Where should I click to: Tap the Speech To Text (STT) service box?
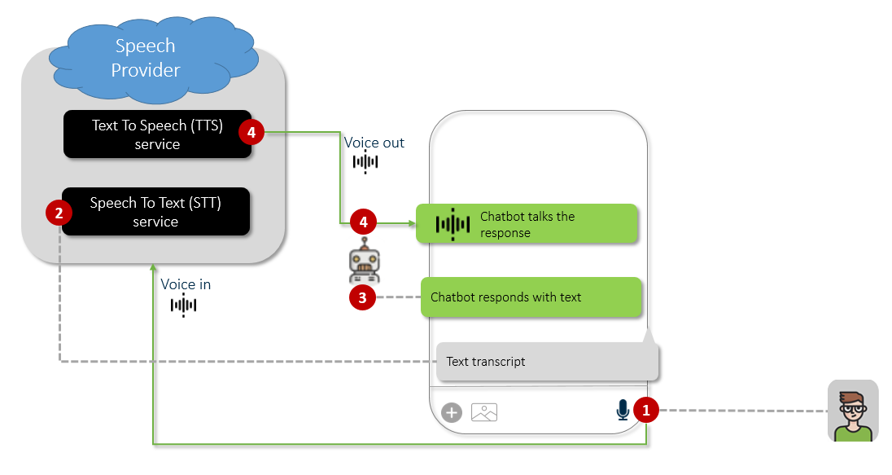click(155, 212)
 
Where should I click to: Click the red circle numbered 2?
click(59, 213)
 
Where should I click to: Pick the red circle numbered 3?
click(361, 297)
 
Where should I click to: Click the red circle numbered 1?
click(646, 411)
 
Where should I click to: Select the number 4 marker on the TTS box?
click(251, 132)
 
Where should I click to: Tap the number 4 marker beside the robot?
click(362, 221)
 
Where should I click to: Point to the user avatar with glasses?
click(853, 411)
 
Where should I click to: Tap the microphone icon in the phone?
click(623, 410)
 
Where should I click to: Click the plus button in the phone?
click(452, 412)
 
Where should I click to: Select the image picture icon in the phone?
click(484, 412)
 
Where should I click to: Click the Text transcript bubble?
click(546, 361)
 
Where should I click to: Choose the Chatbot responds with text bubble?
click(531, 297)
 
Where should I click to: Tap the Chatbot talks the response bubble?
click(526, 224)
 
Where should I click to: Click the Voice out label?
click(374, 143)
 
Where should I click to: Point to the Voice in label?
click(186, 284)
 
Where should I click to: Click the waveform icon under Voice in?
click(184, 306)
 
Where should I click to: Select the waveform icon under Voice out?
click(365, 161)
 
